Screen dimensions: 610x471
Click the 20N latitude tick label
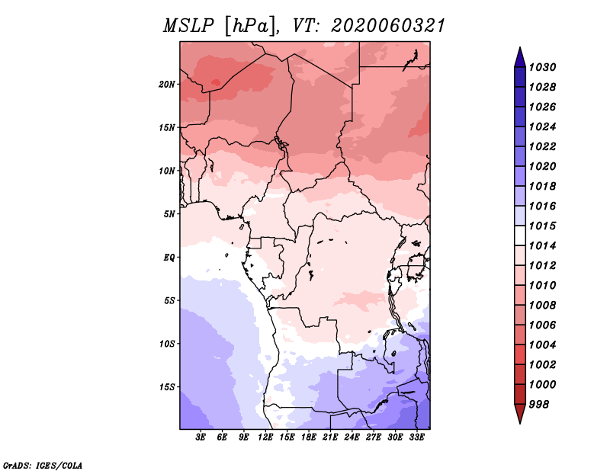point(167,85)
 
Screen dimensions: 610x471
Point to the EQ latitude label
point(169,258)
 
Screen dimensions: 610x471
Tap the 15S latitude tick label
point(167,387)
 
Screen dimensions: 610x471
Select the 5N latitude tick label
point(169,214)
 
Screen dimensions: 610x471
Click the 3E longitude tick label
point(201,437)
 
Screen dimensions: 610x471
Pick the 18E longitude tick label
point(309,437)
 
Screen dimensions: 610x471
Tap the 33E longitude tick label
point(416,437)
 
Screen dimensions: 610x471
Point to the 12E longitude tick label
point(265,437)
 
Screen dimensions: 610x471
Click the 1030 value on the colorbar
point(543,67)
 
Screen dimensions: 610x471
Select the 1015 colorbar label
point(543,226)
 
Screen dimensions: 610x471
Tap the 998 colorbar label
point(539,405)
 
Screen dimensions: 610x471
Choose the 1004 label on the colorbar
point(543,345)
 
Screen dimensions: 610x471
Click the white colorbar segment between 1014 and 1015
point(520,235)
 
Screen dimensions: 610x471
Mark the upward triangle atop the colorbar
point(520,57)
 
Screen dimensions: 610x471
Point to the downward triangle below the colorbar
point(520,414)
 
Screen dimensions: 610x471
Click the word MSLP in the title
point(188,26)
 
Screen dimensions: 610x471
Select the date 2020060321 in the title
point(388,26)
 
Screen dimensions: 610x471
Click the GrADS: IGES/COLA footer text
point(43,466)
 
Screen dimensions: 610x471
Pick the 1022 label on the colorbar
point(543,146)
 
